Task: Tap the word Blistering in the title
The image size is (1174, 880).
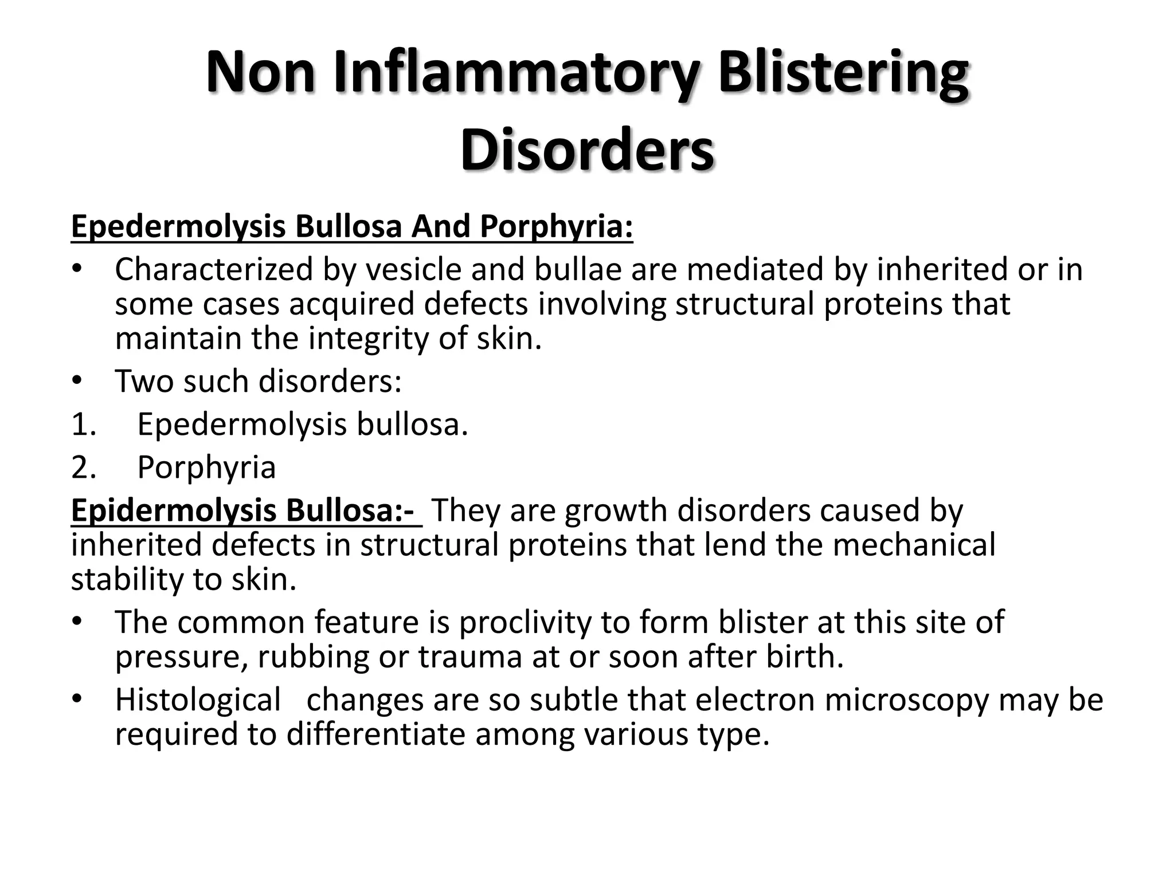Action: coord(843,73)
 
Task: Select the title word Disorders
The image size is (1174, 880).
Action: coord(587,150)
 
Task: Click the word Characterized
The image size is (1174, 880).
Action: coord(213,269)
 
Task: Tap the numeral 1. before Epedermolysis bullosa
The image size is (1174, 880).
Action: coord(84,425)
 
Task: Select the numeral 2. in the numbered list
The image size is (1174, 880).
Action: coord(84,467)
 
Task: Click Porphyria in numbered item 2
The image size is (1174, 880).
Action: coord(206,467)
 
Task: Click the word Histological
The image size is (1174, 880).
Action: coord(198,700)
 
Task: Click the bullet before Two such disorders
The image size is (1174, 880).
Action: coord(78,382)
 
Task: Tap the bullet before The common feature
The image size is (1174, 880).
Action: coord(78,622)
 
